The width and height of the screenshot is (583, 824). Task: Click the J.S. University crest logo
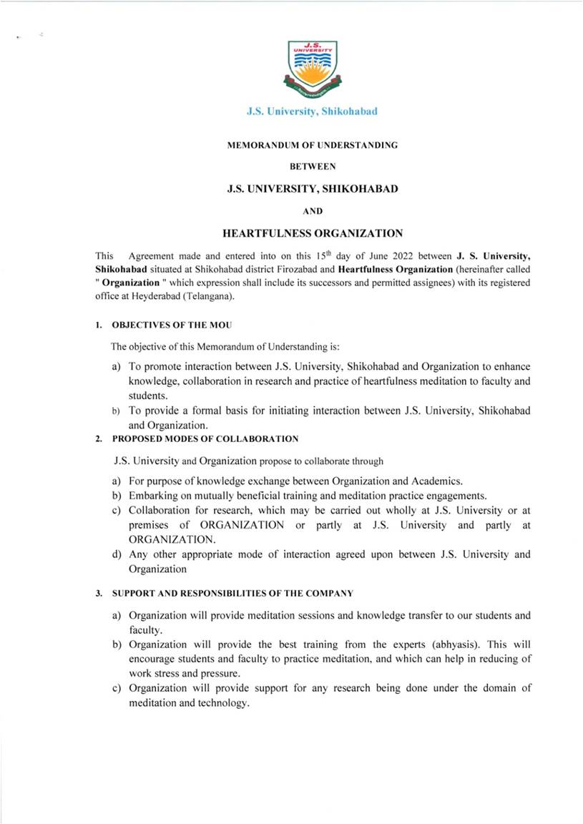312,69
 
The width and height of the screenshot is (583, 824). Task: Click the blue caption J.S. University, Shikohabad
312,112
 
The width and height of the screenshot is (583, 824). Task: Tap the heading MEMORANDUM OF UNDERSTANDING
312,145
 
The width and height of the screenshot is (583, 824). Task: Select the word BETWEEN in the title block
312,167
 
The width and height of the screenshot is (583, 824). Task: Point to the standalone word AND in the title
312,211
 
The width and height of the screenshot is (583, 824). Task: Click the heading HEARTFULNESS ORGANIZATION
313,233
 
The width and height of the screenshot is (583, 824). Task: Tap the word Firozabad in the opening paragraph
280,269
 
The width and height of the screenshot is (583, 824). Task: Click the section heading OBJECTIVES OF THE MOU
171,325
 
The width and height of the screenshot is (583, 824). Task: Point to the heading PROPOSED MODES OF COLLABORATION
205,438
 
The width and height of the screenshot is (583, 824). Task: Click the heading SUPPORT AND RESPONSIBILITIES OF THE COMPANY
232,593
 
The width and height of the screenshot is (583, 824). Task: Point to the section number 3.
98,593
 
